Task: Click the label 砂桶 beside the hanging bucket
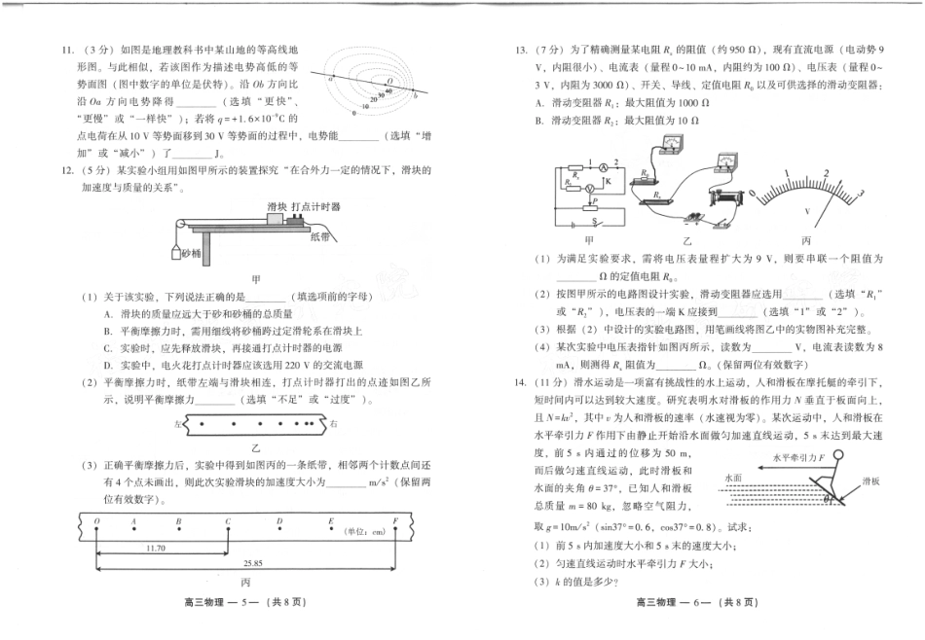[191, 254]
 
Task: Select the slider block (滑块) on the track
[271, 219]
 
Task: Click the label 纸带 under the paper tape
[319, 235]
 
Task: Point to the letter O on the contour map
[388, 83]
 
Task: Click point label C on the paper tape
[227, 521]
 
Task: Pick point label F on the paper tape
[395, 521]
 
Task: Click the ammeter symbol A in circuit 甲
[603, 166]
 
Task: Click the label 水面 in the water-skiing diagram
[734, 478]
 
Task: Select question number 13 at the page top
[523, 48]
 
